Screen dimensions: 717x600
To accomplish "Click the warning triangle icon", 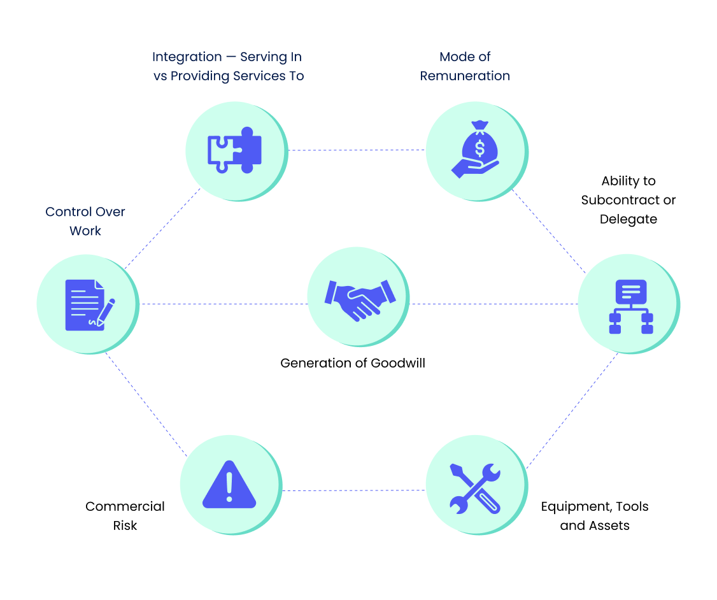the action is pyautogui.click(x=229, y=485).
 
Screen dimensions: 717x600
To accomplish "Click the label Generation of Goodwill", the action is pyautogui.click(x=353, y=363).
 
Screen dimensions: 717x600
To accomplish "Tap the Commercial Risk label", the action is pyautogui.click(x=125, y=516).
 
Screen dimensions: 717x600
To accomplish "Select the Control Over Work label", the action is pyautogui.click(x=85, y=221).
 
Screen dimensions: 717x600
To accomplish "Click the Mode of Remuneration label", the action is pyautogui.click(x=465, y=66).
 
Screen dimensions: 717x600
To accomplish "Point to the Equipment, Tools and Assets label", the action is pyautogui.click(x=595, y=516).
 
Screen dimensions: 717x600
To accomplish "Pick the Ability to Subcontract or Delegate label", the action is pyautogui.click(x=628, y=200).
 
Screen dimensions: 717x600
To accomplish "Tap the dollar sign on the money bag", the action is pyautogui.click(x=479, y=148).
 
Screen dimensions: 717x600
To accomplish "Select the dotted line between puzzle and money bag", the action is pyautogui.click(x=357, y=150).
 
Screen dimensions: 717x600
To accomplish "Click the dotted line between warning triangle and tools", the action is pyautogui.click(x=353, y=490).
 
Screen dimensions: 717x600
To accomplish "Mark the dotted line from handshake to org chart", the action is pyautogui.click(x=493, y=304).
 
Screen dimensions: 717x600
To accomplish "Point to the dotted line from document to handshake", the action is pyautogui.click(x=223, y=304).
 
